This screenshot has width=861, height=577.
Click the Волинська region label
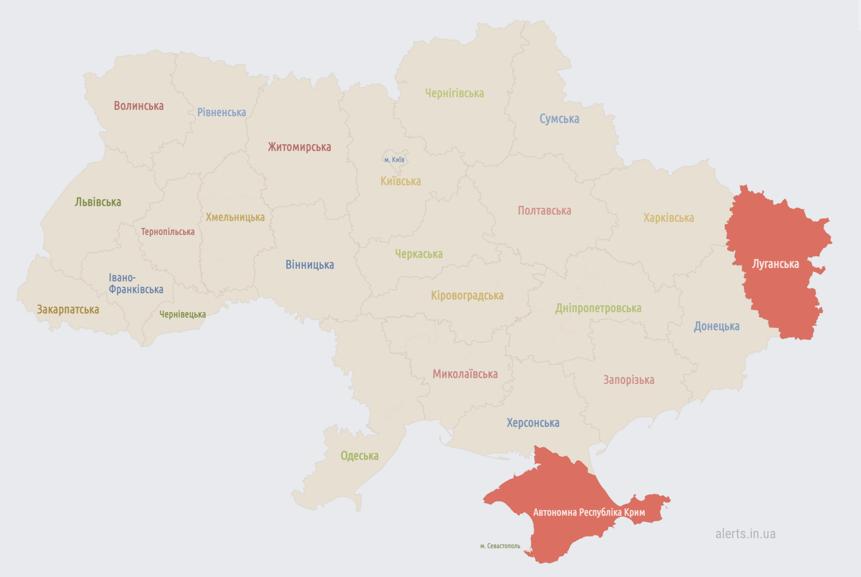point(139,106)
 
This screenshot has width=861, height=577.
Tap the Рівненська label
point(222,112)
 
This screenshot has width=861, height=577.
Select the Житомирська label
point(299,147)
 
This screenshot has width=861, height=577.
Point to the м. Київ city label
point(394,160)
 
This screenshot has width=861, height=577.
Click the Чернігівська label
point(454,93)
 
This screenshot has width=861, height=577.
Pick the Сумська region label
point(559,119)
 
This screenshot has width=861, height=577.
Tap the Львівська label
point(98,202)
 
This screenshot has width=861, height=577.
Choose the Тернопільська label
point(168,232)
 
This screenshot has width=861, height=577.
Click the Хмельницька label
point(235,217)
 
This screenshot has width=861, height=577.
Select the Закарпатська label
point(68,309)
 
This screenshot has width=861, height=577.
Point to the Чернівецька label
point(182,314)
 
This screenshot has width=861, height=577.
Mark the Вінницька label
point(310,265)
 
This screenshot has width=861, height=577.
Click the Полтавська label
point(544,210)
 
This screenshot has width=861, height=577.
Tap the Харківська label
point(668,218)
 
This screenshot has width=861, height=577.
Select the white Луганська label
point(775,264)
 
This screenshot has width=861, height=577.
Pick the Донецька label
point(717,326)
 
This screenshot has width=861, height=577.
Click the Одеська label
point(360,456)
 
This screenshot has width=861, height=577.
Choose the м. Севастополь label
point(500,546)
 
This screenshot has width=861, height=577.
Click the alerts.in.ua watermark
point(745,534)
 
